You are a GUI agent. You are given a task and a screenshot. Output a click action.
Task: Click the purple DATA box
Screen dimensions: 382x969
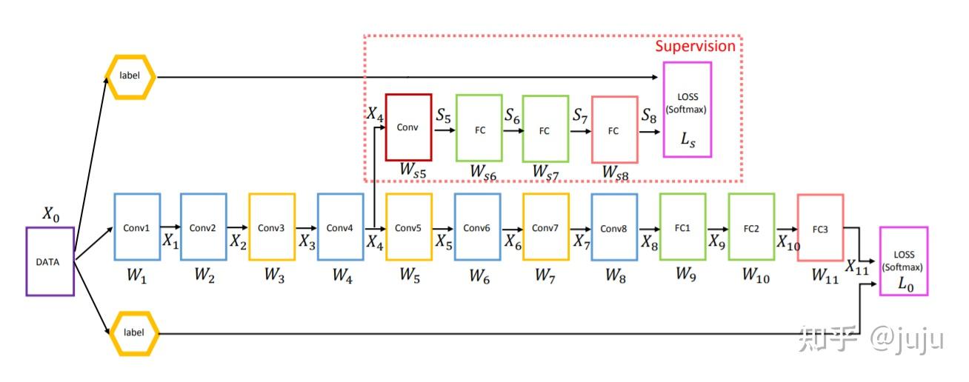50,261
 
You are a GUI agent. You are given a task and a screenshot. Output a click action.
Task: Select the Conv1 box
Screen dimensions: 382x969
137,227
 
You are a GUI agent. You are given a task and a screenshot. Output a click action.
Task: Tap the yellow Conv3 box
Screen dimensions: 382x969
272,227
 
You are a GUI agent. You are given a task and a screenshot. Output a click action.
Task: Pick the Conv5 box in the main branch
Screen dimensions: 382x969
408,227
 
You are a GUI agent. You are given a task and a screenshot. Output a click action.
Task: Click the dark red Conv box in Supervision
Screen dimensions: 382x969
408,127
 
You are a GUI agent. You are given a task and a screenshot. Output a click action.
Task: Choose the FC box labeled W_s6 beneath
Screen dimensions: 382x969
479,129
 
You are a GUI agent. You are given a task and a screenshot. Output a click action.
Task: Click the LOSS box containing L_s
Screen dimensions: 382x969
687,110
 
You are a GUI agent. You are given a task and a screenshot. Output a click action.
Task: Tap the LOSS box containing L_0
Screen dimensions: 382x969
903,261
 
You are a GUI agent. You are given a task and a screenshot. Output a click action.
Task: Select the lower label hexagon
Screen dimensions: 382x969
133,333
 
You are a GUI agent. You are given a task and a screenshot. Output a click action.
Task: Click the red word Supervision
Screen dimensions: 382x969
695,46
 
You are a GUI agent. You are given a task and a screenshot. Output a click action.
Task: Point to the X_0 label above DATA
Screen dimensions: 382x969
50,215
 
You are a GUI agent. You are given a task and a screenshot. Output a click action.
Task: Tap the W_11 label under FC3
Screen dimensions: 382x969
825,275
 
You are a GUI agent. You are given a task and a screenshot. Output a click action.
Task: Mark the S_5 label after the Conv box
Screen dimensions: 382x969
444,115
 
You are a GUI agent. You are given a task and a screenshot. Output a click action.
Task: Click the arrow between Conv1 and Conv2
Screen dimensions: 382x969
170,227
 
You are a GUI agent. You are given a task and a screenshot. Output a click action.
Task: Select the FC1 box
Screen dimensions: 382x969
682,227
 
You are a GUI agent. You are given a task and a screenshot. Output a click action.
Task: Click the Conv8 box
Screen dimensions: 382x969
614,227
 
